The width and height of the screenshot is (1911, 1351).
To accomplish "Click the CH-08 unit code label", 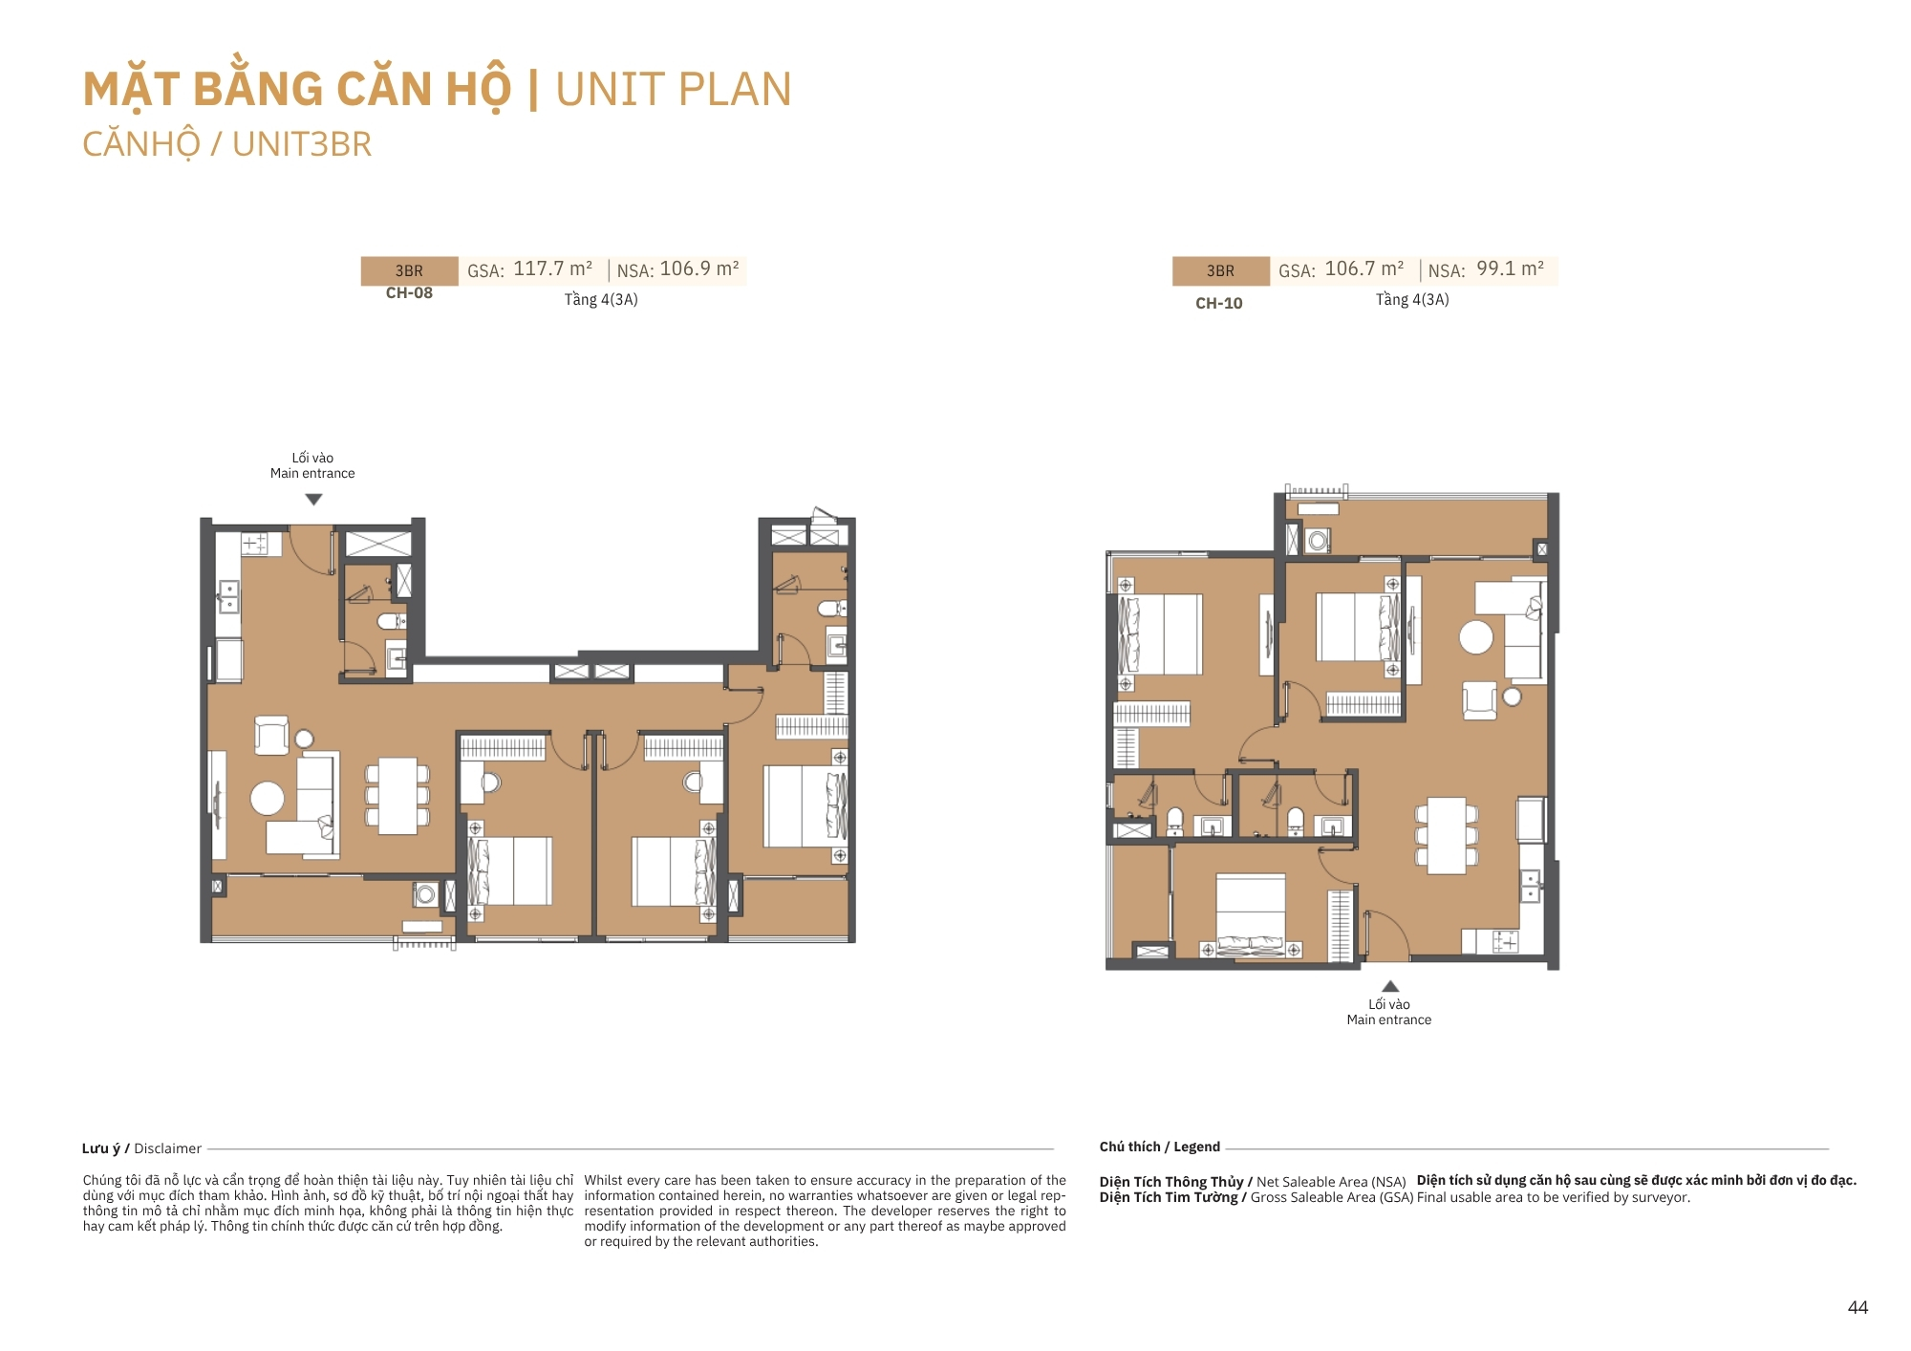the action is click(x=409, y=293).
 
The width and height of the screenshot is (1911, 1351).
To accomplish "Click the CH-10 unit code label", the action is click(x=1219, y=304).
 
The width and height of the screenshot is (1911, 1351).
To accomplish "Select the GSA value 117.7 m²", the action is click(x=553, y=268).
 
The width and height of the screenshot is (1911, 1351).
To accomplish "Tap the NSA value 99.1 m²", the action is click(x=1511, y=268).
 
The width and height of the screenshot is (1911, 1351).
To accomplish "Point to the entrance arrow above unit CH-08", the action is click(x=313, y=500).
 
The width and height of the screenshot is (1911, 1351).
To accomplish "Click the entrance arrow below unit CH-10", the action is click(x=1390, y=986).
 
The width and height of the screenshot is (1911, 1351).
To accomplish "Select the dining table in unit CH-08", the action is click(x=397, y=796).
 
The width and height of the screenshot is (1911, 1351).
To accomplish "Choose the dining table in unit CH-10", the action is click(x=1447, y=836).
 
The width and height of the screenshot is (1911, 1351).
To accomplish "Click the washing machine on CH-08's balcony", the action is click(x=425, y=895).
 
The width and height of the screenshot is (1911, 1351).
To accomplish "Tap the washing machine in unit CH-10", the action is click(x=1319, y=541).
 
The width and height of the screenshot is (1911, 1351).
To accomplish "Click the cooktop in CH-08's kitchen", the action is click(x=254, y=544).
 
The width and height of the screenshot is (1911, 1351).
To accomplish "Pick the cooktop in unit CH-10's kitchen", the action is click(x=1505, y=942).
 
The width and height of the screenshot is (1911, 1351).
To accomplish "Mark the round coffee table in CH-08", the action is click(x=268, y=799).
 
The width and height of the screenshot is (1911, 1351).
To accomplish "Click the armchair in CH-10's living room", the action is click(x=1479, y=700).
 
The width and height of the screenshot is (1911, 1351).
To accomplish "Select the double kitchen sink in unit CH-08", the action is click(x=228, y=597).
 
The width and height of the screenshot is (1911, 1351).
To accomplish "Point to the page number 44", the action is click(x=1857, y=1308).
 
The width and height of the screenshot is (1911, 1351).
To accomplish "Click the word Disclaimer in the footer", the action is click(x=167, y=1148).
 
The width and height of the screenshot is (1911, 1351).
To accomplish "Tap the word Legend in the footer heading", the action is click(x=1196, y=1147).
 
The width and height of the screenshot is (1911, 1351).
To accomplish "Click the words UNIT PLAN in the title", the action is click(x=674, y=90).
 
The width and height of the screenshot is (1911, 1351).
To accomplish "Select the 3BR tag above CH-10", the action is click(x=1220, y=271).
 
